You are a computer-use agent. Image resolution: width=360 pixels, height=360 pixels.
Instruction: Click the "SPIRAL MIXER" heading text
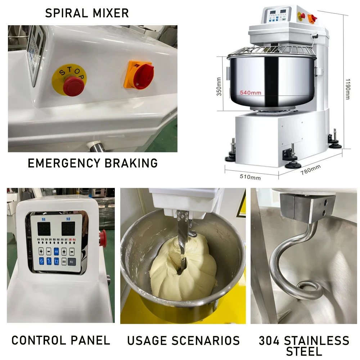(87, 13)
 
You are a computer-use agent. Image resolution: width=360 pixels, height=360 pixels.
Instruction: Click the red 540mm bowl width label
(251, 93)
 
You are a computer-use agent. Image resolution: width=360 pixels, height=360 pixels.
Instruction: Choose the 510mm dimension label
(250, 177)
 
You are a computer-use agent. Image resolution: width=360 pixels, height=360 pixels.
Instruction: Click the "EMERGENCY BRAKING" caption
(93, 163)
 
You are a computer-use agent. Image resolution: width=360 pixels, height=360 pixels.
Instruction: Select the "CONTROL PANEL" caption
(60, 340)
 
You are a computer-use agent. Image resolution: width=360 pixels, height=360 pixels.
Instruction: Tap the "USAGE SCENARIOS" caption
(183, 340)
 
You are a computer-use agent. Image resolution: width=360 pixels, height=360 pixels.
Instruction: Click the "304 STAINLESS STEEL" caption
(304, 345)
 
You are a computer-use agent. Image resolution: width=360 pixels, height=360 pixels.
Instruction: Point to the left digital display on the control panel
(44, 228)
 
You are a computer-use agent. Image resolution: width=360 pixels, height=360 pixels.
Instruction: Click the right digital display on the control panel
(68, 228)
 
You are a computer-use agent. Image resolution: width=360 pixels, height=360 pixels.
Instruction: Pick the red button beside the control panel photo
(104, 235)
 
